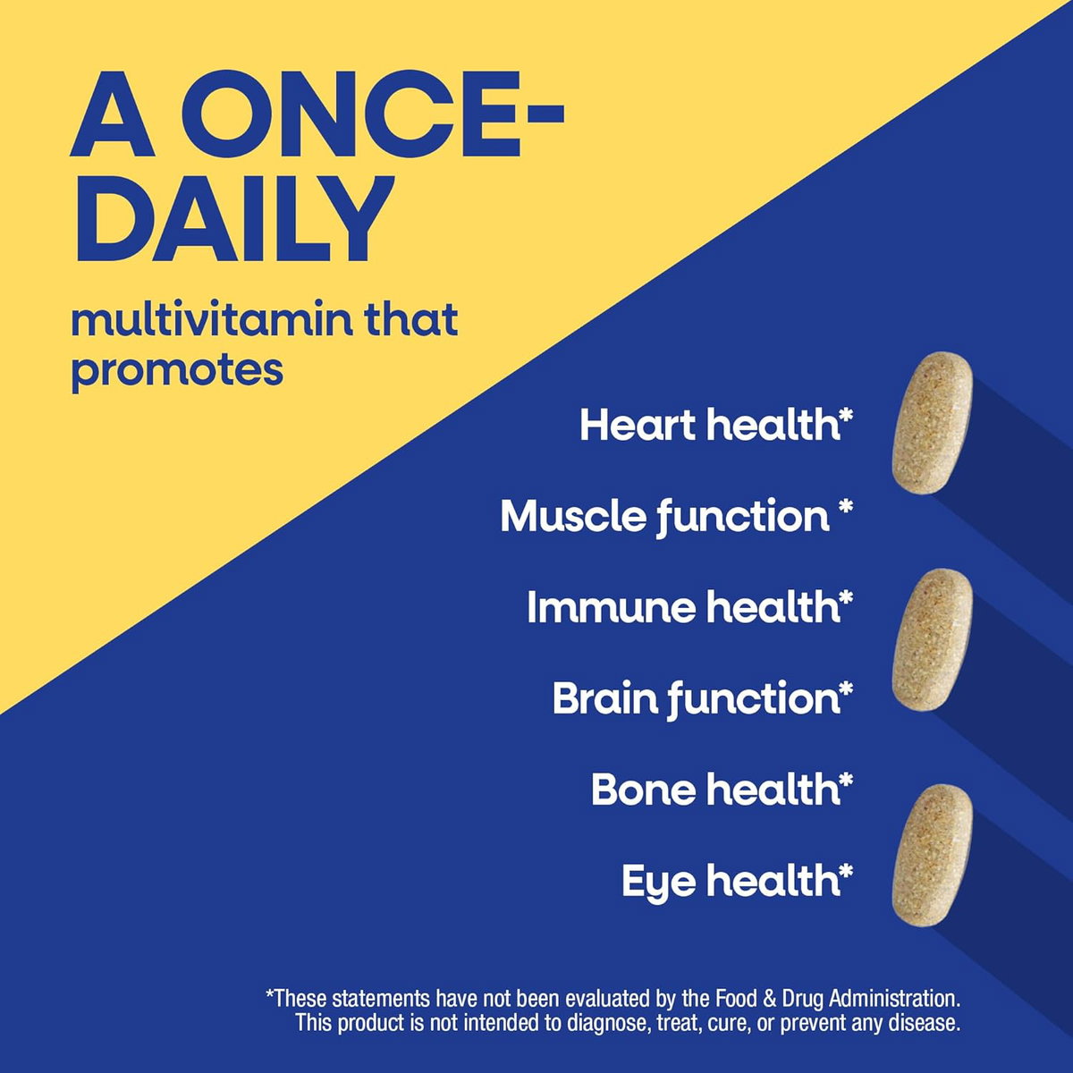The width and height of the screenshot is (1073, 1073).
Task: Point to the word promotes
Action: pyautogui.click(x=177, y=370)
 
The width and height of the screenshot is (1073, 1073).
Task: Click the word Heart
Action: pyautogui.click(x=640, y=426)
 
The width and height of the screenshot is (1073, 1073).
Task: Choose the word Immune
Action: pyautogui.click(x=609, y=607)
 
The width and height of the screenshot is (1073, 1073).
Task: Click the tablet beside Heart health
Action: pyautogui.click(x=932, y=423)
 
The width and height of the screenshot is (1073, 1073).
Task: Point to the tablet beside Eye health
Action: pyautogui.click(x=932, y=857)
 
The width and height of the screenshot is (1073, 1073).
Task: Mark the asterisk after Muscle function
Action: pyautogui.click(x=845, y=506)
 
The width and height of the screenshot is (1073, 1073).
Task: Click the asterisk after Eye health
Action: pyautogui.click(x=845, y=870)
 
